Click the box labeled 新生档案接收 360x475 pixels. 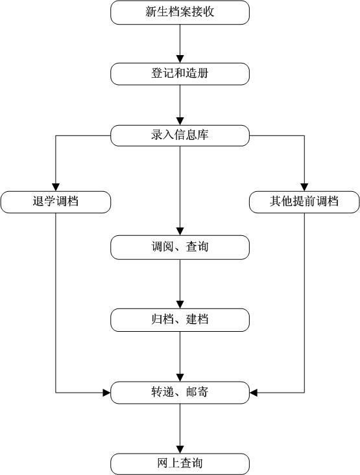(180, 12)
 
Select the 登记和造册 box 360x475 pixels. (180, 74)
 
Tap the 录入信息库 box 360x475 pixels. (180, 135)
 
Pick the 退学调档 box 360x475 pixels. (56, 202)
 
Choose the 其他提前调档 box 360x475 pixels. (304, 202)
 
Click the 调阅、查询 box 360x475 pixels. (180, 247)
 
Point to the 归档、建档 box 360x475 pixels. (180, 320)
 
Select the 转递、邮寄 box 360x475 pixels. (180, 393)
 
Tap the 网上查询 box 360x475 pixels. (180, 464)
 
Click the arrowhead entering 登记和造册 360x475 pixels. (180, 59)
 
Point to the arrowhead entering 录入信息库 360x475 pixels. (180, 121)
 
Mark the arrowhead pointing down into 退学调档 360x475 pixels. (56, 187)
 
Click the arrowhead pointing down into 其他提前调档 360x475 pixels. (304, 187)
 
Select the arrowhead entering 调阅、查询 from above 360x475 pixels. (180, 231)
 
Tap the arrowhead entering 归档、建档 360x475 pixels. (180, 305)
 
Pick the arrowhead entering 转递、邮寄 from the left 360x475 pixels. (107, 393)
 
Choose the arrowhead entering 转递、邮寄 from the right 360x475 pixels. (254, 393)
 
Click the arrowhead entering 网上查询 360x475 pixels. (180, 450)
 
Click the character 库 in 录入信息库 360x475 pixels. (203, 135)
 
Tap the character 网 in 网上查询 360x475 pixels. (163, 463)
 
